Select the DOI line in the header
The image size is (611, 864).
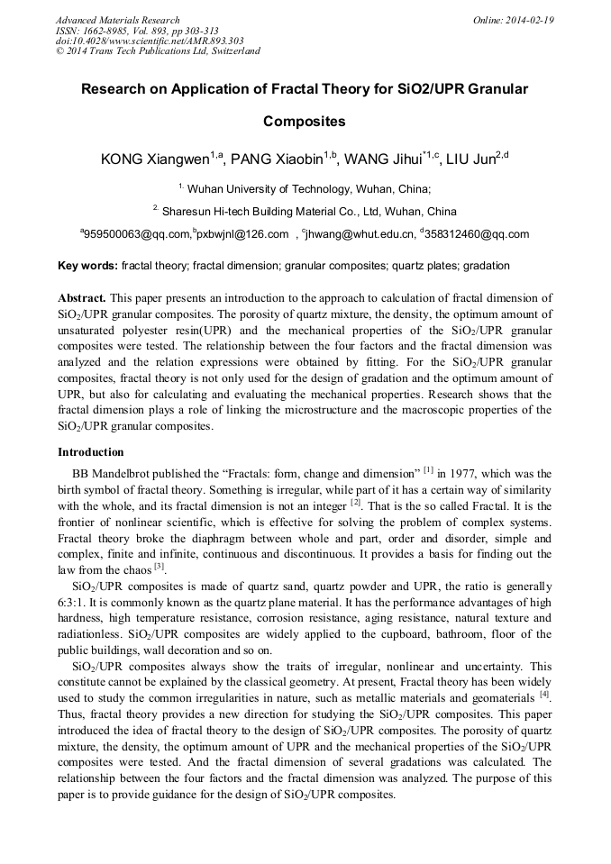149,41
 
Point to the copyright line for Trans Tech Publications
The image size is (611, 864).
158,51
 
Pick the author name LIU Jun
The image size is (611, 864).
471,160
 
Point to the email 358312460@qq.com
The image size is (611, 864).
477,235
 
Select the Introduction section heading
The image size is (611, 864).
90,452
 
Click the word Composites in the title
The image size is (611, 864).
305,121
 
